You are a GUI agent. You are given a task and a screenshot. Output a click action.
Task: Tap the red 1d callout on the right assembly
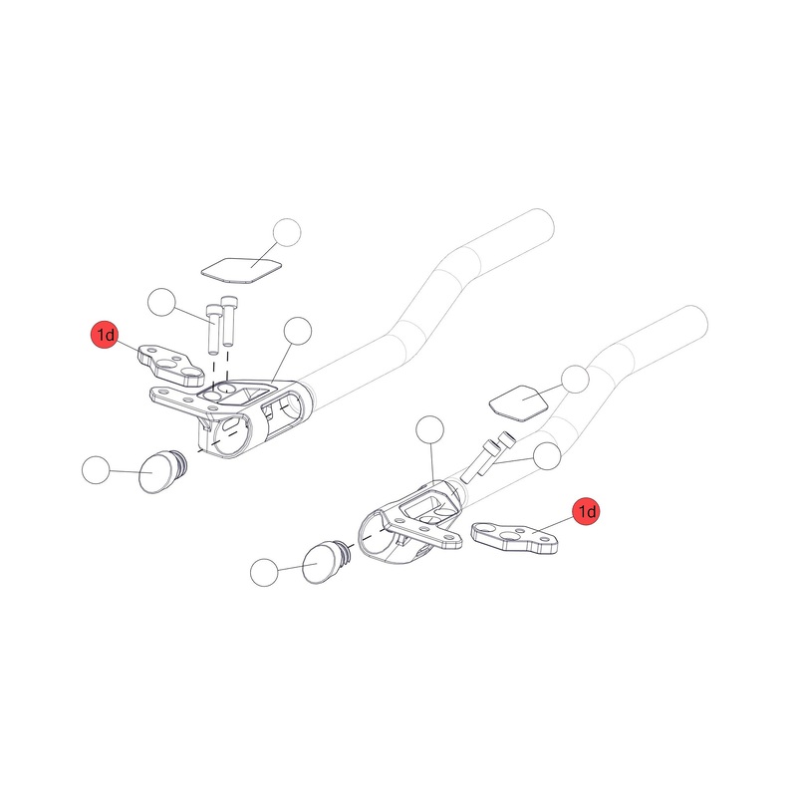coord(586,511)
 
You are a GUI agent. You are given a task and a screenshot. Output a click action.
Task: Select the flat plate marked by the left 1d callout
coord(171,363)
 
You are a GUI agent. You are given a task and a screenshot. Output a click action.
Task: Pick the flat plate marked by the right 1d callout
coord(513,536)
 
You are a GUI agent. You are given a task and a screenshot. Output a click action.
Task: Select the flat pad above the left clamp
coord(239,266)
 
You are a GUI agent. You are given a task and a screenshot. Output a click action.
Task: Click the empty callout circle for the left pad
coord(286,232)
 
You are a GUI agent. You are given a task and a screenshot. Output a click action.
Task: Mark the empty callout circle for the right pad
coord(577,379)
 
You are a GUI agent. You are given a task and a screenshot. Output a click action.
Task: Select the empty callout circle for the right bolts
coord(547,456)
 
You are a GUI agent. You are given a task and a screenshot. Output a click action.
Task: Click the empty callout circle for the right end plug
coord(264,571)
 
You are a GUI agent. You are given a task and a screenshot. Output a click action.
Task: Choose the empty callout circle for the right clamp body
coord(428,430)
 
